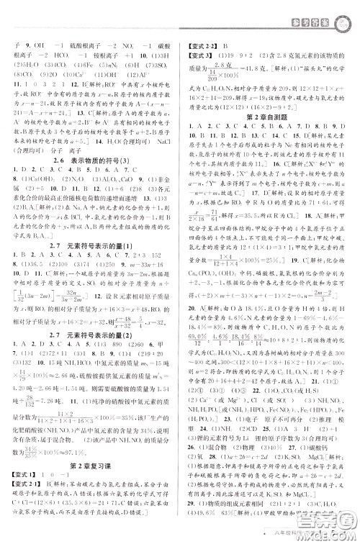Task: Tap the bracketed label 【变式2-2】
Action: point(204,45)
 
